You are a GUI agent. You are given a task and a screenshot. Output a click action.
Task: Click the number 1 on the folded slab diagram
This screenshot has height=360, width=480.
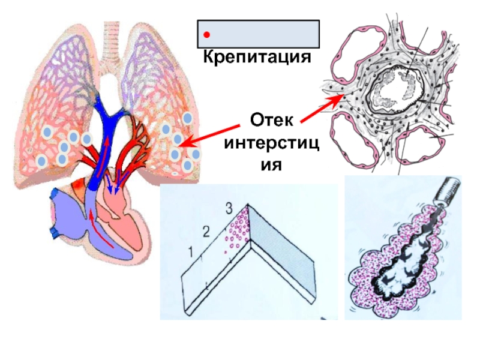[x=191, y=253]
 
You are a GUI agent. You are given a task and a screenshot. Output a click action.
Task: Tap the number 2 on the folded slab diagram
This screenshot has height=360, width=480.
[x=208, y=231]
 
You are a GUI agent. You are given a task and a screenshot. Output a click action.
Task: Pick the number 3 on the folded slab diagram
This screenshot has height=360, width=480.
[x=228, y=209]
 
